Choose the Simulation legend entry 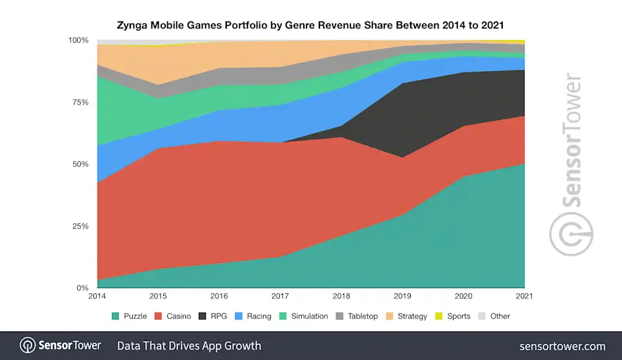303,316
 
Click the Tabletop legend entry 356,316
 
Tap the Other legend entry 494,316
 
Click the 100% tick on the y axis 78,40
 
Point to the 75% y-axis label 80,102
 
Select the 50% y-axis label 80,164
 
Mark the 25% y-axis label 80,226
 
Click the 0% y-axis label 83,287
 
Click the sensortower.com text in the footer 562,346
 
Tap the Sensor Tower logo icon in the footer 27,345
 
